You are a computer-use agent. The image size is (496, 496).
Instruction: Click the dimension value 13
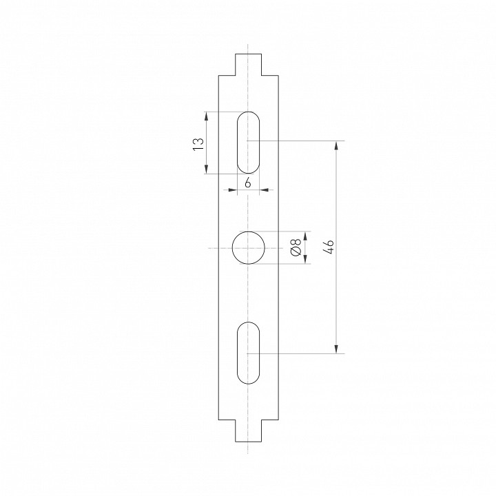(x=198, y=143)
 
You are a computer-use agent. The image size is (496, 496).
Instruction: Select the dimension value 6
(x=247, y=183)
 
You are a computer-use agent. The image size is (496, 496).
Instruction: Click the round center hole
(x=248, y=248)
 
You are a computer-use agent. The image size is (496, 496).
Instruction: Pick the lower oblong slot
(x=248, y=353)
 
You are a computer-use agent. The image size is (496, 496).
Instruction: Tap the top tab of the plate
(x=248, y=64)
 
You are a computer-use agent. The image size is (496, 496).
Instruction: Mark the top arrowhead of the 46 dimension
(x=336, y=145)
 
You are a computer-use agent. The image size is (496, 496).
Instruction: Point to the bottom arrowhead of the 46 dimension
(x=336, y=349)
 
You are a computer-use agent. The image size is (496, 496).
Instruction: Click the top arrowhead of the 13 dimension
(x=206, y=116)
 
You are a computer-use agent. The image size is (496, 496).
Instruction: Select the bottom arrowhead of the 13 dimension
(x=206, y=169)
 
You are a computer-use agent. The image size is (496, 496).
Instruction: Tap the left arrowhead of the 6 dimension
(x=232, y=189)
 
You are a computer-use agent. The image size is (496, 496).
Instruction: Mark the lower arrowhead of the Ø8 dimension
(x=304, y=260)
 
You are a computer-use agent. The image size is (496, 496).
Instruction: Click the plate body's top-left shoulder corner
(x=218, y=75)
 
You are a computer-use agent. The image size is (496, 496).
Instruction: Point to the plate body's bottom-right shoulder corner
(x=278, y=420)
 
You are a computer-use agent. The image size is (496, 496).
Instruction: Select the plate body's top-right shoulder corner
(x=278, y=75)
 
